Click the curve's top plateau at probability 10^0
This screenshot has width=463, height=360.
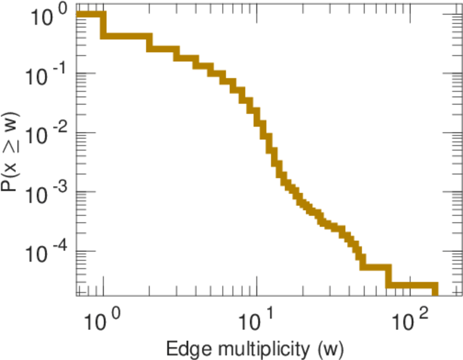[x=90, y=15]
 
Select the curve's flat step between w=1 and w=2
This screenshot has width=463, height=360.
[x=125, y=36]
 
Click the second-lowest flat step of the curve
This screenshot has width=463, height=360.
[x=376, y=266]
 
